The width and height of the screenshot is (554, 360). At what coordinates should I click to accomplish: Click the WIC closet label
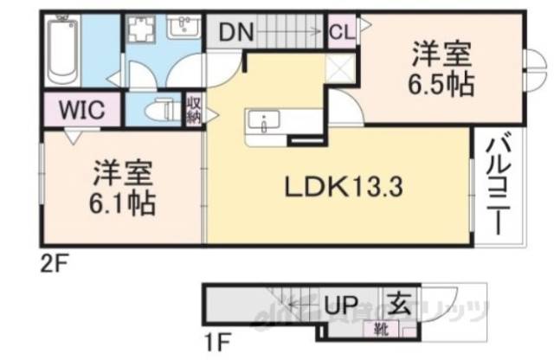[x=81, y=110]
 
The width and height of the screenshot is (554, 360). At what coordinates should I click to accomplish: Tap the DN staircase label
[x=235, y=34]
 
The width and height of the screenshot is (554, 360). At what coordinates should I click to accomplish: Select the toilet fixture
[x=158, y=110]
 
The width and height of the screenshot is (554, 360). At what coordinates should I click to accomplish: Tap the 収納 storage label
[x=193, y=110]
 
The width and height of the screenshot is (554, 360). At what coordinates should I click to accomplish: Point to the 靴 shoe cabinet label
[x=381, y=327]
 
